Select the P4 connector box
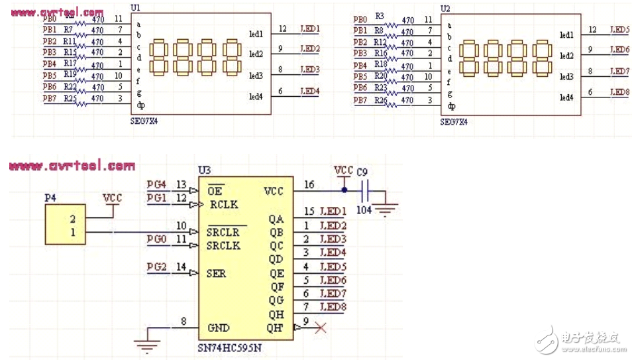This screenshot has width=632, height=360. click(x=65, y=225)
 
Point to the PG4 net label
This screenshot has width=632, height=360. click(x=156, y=184)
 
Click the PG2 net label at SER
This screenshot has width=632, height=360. click(x=156, y=267)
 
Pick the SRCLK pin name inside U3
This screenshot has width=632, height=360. click(x=224, y=246)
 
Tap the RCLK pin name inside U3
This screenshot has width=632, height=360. click(x=223, y=204)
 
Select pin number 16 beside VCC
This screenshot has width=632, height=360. click(x=309, y=185)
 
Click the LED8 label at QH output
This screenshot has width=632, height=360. click(x=333, y=307)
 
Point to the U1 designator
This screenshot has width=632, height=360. click(x=135, y=7)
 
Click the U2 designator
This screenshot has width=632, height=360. click(x=445, y=9)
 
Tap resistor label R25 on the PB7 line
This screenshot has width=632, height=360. click(x=70, y=99)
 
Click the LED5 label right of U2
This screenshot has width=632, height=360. click(x=619, y=30)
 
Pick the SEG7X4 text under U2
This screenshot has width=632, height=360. click(x=454, y=122)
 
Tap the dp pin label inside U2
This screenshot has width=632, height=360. click(x=451, y=106)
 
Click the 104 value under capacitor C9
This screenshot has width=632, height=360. click(x=363, y=210)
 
